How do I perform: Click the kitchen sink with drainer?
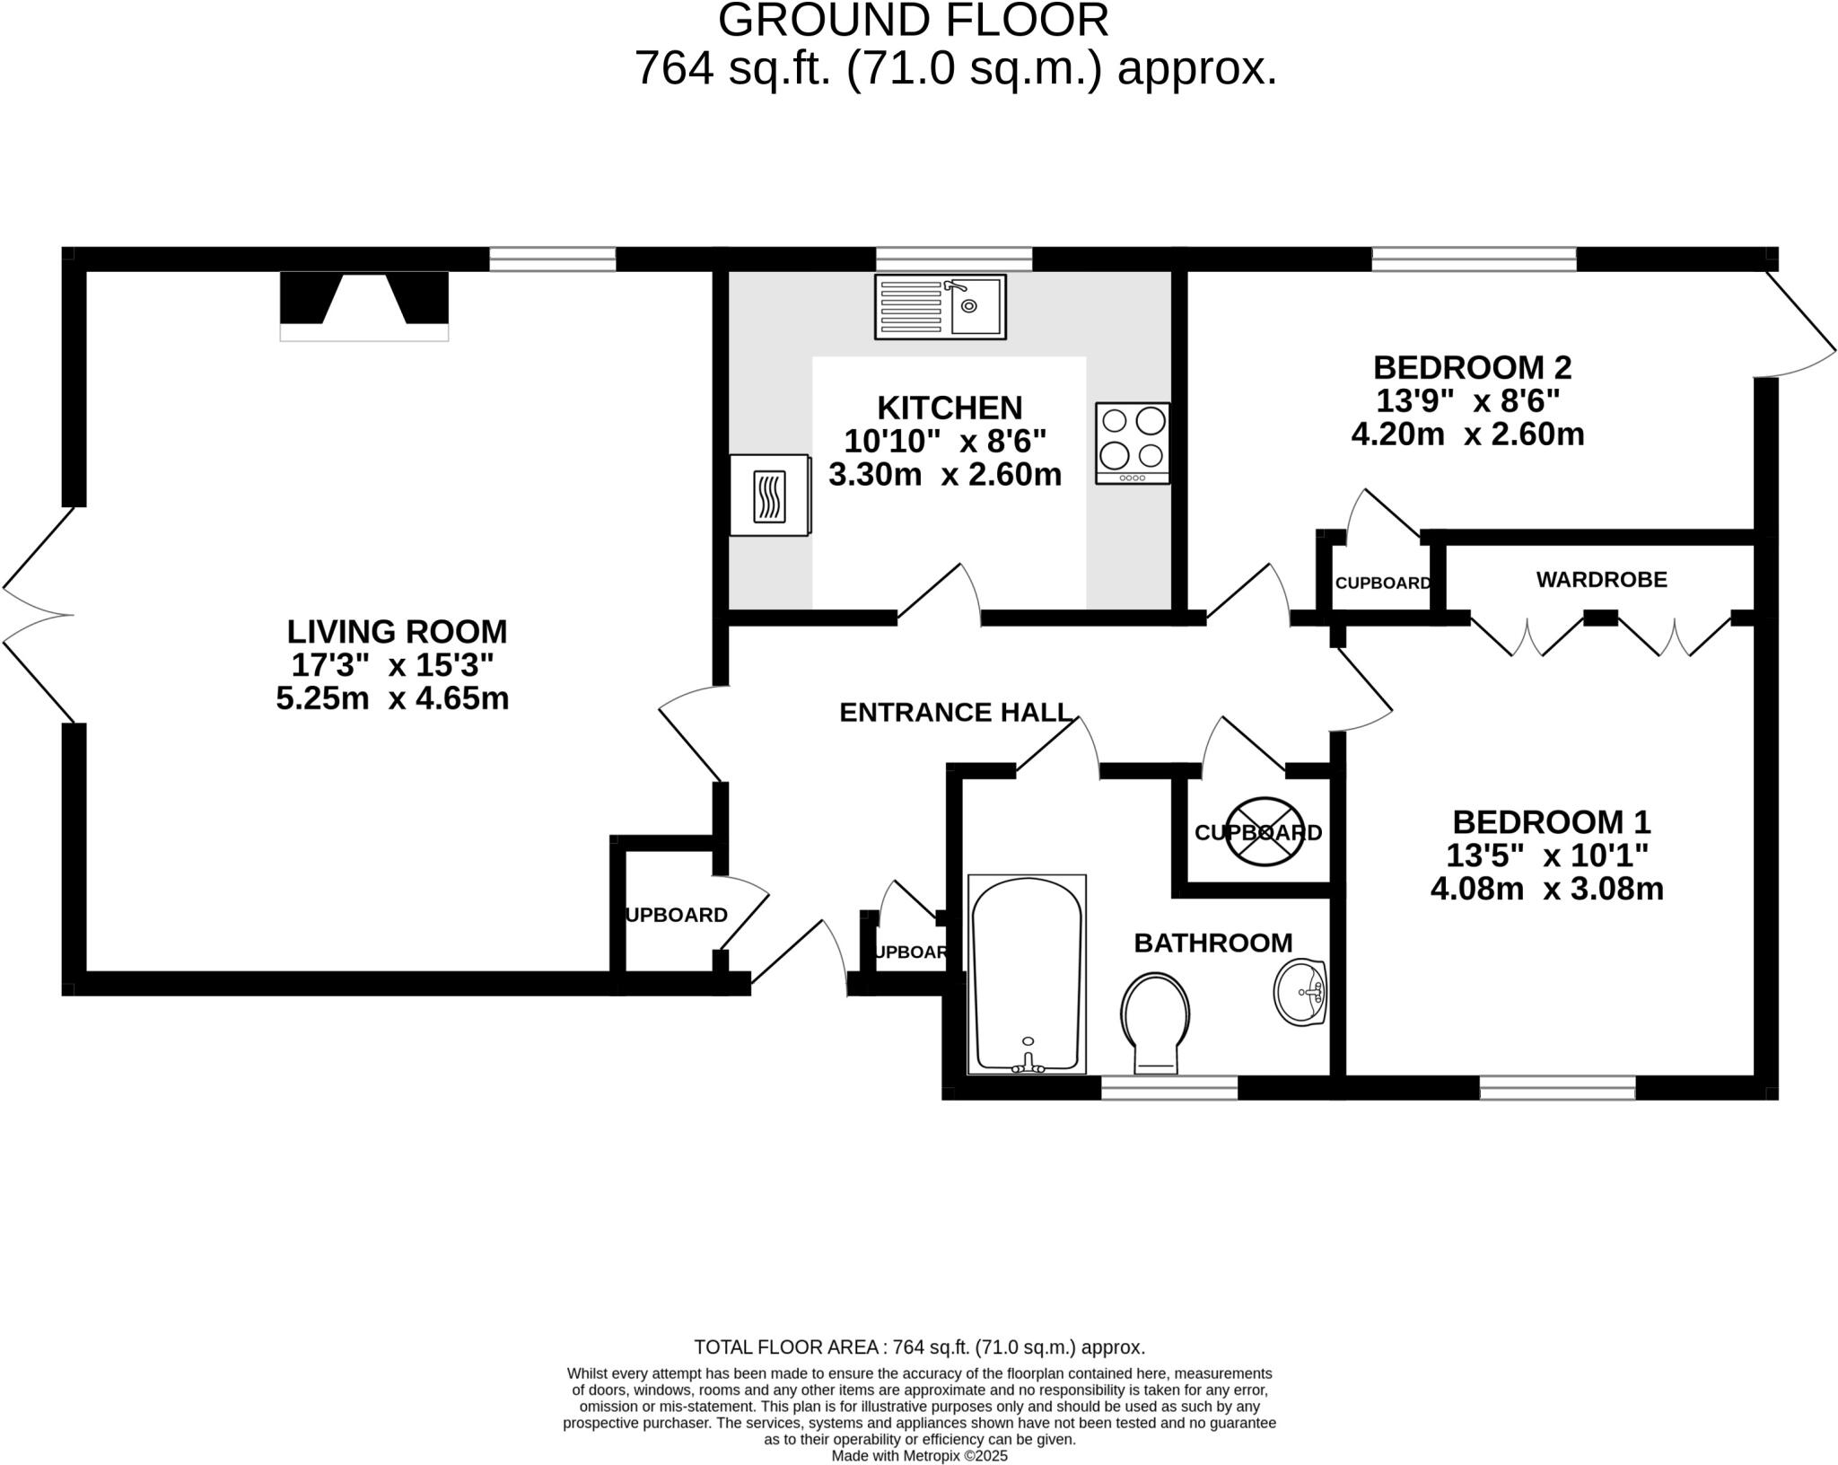coord(940,307)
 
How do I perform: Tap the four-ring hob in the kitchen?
coord(1133,443)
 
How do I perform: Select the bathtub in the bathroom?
coord(1027,974)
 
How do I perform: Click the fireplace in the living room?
coord(363,306)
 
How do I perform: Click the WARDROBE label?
coord(1601,580)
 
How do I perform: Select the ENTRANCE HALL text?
coord(955,713)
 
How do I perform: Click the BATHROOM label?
coord(1212,943)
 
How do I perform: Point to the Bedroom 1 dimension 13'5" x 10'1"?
coord(1547,855)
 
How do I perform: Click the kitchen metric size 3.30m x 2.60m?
coord(944,475)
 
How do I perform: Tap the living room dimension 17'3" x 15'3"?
coord(393,665)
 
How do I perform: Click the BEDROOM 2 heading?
coord(1472,367)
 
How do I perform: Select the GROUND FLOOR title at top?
coord(913,20)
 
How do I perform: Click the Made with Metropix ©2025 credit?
coord(919,1456)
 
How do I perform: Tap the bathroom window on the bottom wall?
coord(1168,1088)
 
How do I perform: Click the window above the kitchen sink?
coord(953,259)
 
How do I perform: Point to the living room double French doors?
coord(36,615)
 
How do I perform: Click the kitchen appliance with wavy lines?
coord(769,496)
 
